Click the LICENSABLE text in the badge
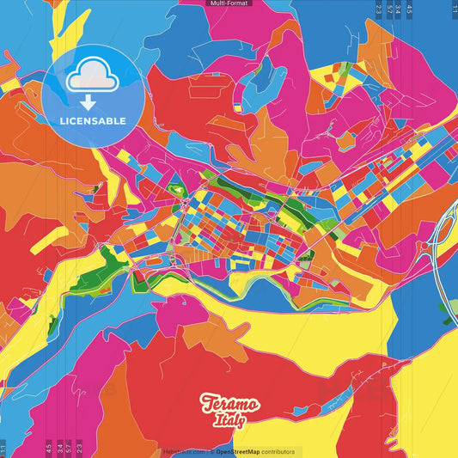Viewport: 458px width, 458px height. pos(93,120)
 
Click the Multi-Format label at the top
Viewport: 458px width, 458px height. pos(229,3)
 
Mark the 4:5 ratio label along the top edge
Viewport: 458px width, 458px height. pos(410,9)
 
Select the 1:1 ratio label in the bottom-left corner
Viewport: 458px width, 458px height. pos(3,448)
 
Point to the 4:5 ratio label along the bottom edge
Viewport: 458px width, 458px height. pos(48,448)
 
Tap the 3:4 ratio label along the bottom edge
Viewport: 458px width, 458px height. pos(58,448)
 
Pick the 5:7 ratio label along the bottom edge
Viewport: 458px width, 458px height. pos(69,448)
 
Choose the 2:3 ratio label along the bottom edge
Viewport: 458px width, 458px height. pos(79,448)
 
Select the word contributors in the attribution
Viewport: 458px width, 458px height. pos(278,452)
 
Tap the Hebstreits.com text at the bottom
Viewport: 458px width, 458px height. pos(183,452)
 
